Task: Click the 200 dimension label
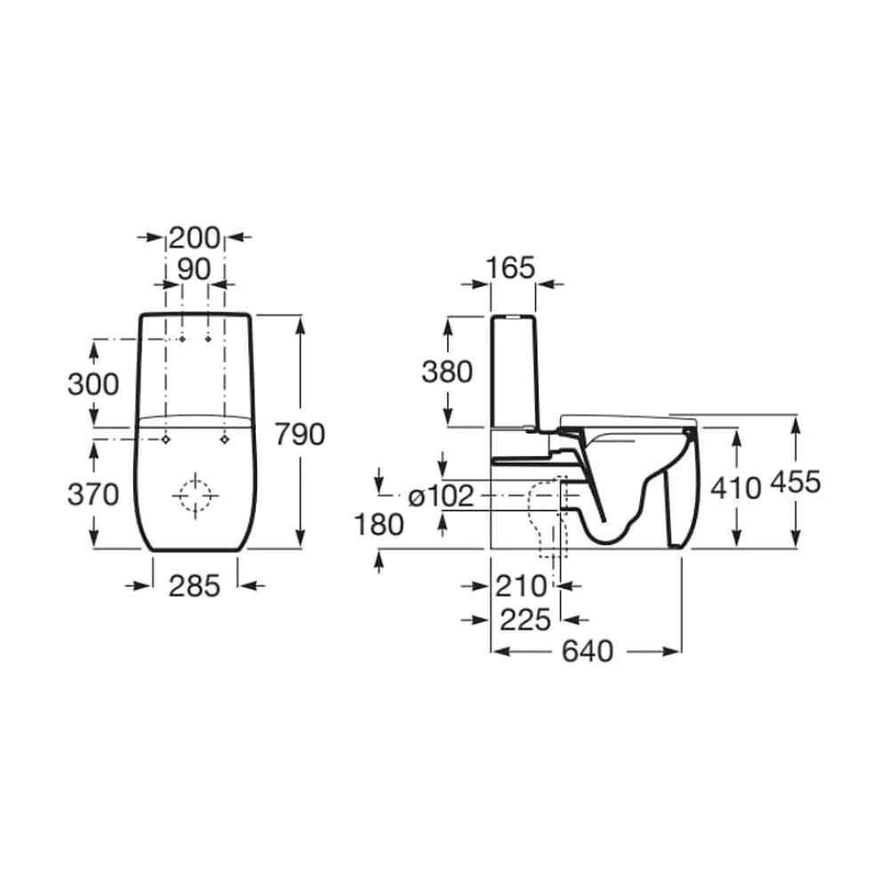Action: coord(194,237)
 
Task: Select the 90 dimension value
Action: coord(194,269)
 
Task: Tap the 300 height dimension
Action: coord(93,384)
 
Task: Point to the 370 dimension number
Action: coord(93,494)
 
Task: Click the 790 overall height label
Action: coord(300,435)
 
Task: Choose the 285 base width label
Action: coord(195,586)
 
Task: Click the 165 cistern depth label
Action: coord(511,268)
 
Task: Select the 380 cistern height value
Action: coord(447,372)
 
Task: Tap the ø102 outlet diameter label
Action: coord(441,497)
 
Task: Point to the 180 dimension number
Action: coord(379,525)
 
